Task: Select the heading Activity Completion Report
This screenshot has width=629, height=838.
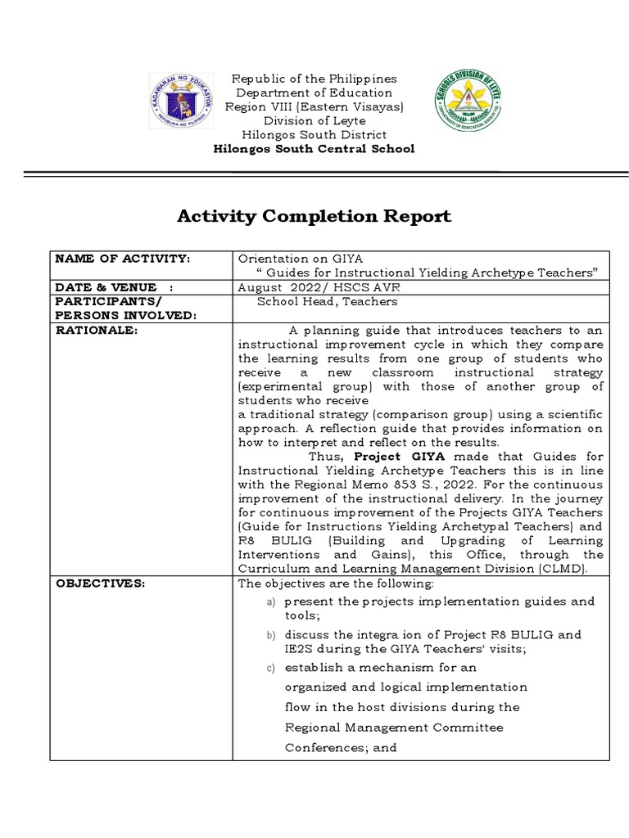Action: (x=314, y=217)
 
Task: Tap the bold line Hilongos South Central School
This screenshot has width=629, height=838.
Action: (x=314, y=148)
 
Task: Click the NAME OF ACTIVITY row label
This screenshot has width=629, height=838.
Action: (x=122, y=259)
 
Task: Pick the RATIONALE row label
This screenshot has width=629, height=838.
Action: (x=96, y=330)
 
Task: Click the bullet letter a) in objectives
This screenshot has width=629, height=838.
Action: (x=271, y=602)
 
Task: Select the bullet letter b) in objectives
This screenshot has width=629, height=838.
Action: (x=271, y=635)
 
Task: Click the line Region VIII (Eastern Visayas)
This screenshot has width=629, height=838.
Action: (x=314, y=106)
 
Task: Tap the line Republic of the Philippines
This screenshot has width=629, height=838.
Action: (x=314, y=79)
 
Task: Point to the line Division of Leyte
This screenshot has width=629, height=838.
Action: (x=314, y=120)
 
